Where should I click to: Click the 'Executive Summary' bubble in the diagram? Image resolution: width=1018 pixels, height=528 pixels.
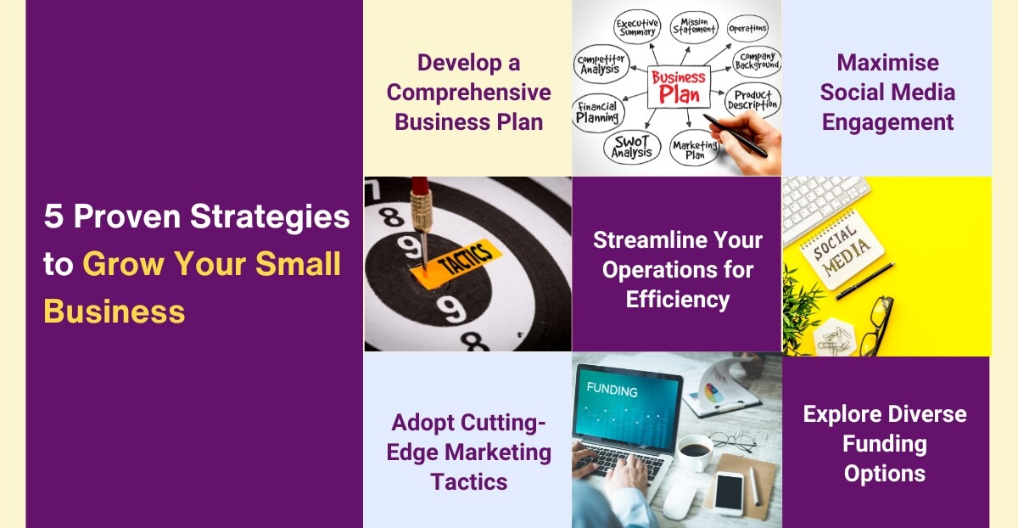[x=638, y=27]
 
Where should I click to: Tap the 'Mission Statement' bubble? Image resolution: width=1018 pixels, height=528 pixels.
[x=693, y=25]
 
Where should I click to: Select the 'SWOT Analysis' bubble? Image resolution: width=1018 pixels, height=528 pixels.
[x=632, y=146]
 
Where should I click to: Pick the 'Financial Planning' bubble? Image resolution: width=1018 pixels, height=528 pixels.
[x=598, y=112]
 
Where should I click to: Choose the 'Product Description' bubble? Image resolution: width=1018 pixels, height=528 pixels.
[x=752, y=100]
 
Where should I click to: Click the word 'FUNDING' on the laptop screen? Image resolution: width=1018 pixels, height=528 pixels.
[x=611, y=390]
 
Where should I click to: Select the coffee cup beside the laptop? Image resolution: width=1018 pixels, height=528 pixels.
[x=694, y=453]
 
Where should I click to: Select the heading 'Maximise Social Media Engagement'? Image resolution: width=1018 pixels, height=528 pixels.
[x=887, y=93]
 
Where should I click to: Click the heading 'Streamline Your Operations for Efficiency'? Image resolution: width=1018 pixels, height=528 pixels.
[x=677, y=269]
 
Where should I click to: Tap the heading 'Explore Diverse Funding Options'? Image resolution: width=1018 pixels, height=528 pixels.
[x=885, y=443]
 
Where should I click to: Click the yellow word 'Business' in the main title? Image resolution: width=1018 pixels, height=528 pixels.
[x=114, y=312]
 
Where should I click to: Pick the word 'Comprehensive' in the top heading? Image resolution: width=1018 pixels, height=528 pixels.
[x=468, y=93]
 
